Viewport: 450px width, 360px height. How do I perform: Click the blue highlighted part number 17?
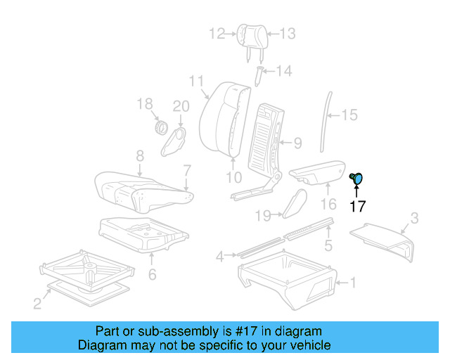click(x=357, y=179)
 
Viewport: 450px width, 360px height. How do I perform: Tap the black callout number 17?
click(x=358, y=206)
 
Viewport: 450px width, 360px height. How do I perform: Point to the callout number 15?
click(x=349, y=115)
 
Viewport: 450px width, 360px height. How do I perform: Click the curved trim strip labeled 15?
click(x=326, y=120)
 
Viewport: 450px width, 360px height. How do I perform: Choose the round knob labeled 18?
click(x=160, y=129)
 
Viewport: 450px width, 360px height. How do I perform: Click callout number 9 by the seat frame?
click(x=297, y=143)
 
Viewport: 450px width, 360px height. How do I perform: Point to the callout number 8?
click(x=140, y=155)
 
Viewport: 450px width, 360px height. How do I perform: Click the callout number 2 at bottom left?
click(x=37, y=303)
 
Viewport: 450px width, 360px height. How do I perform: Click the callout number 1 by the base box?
click(x=353, y=283)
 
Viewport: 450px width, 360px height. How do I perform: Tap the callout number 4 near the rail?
click(x=220, y=257)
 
